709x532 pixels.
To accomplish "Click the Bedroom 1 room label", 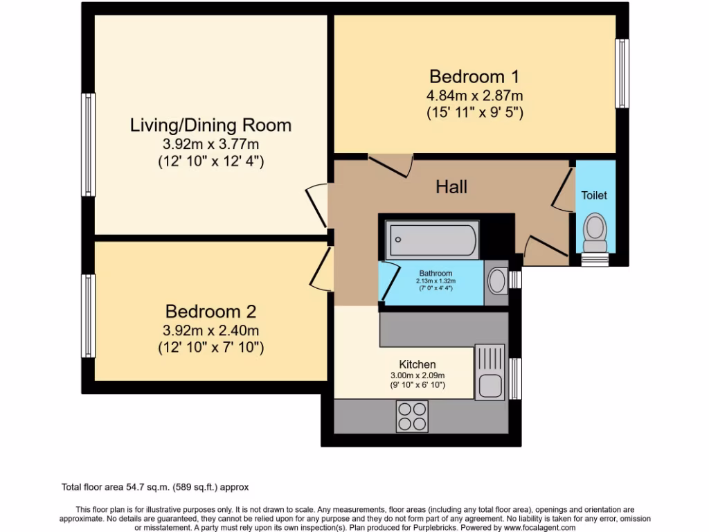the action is click(474, 76).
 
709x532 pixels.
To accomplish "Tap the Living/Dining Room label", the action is click(210, 125).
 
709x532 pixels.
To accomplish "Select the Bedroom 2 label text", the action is click(210, 311).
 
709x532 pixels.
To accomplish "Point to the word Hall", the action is click(451, 187).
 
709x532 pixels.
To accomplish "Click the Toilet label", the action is click(593, 195).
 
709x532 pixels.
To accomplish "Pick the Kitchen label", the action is click(418, 364).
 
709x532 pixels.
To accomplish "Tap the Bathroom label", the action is click(436, 273).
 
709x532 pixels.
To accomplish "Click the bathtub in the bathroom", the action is click(432, 240).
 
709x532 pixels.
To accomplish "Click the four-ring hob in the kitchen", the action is click(412, 416).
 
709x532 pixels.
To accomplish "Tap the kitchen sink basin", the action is click(490, 387).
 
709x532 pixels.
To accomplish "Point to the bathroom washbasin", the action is click(496, 281).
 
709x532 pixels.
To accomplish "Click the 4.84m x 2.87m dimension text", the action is click(475, 96).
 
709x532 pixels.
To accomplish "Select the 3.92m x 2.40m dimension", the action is click(210, 330).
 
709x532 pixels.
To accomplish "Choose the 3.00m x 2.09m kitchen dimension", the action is click(418, 375).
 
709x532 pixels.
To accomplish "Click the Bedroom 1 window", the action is click(622, 73).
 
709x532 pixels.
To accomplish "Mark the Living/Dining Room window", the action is click(88, 145).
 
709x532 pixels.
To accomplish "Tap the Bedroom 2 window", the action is click(88, 316).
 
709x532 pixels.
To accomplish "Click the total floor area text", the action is click(155, 487).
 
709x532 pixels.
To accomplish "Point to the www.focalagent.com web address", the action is click(540, 527).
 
